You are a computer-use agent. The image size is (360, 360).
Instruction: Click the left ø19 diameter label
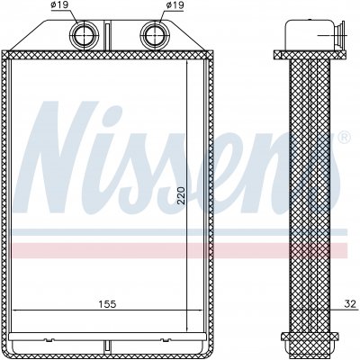coord(58,4)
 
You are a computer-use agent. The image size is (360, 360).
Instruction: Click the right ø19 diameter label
coord(175,4)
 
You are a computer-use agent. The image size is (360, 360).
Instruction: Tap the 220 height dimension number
coord(181,195)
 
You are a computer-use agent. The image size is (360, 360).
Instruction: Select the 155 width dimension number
coord(107,304)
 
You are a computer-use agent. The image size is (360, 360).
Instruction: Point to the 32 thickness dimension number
coord(350,304)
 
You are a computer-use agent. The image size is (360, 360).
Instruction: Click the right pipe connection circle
coord(155,35)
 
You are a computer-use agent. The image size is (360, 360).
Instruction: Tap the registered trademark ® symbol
coord(344,137)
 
